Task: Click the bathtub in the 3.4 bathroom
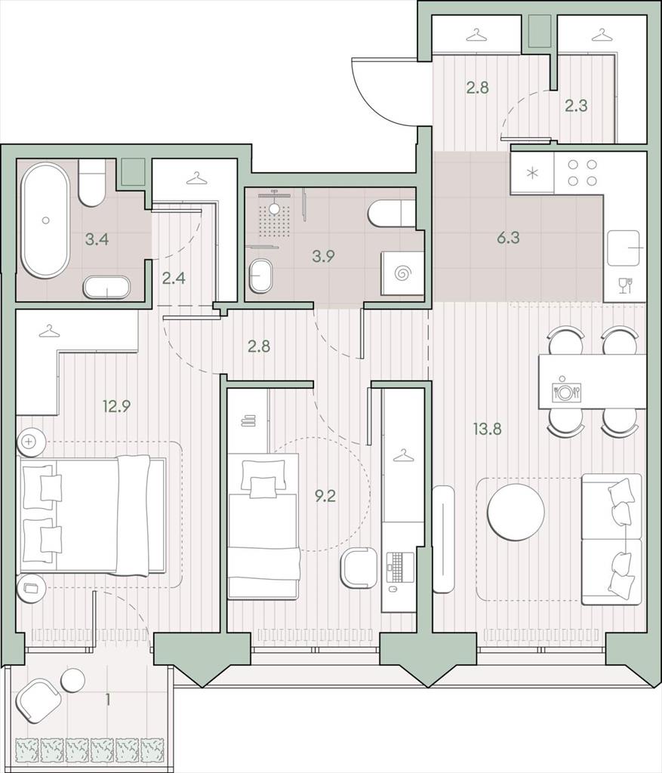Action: pos(46,220)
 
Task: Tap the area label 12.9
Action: pos(116,407)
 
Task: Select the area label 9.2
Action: pos(325,496)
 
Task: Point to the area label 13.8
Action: pos(487,429)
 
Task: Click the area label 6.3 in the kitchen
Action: pos(508,238)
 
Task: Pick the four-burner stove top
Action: pos(582,173)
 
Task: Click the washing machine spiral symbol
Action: pos(402,272)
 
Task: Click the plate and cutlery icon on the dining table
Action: pos(566,390)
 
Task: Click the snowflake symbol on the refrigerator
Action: pos(531,173)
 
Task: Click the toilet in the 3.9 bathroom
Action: pos(393,212)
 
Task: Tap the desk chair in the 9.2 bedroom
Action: pos(360,568)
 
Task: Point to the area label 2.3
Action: pos(576,106)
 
